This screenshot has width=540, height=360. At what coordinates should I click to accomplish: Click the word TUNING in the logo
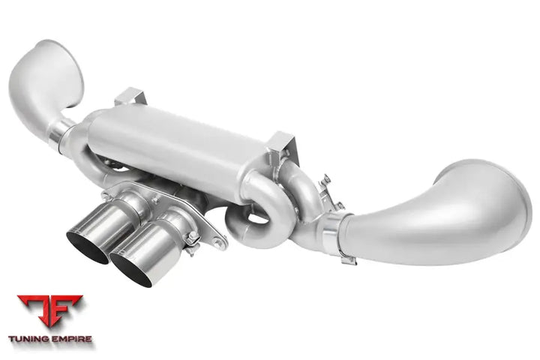28,339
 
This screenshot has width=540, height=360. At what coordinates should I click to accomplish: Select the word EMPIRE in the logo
71,339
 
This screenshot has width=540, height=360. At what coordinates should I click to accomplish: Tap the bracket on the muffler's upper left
130,97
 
